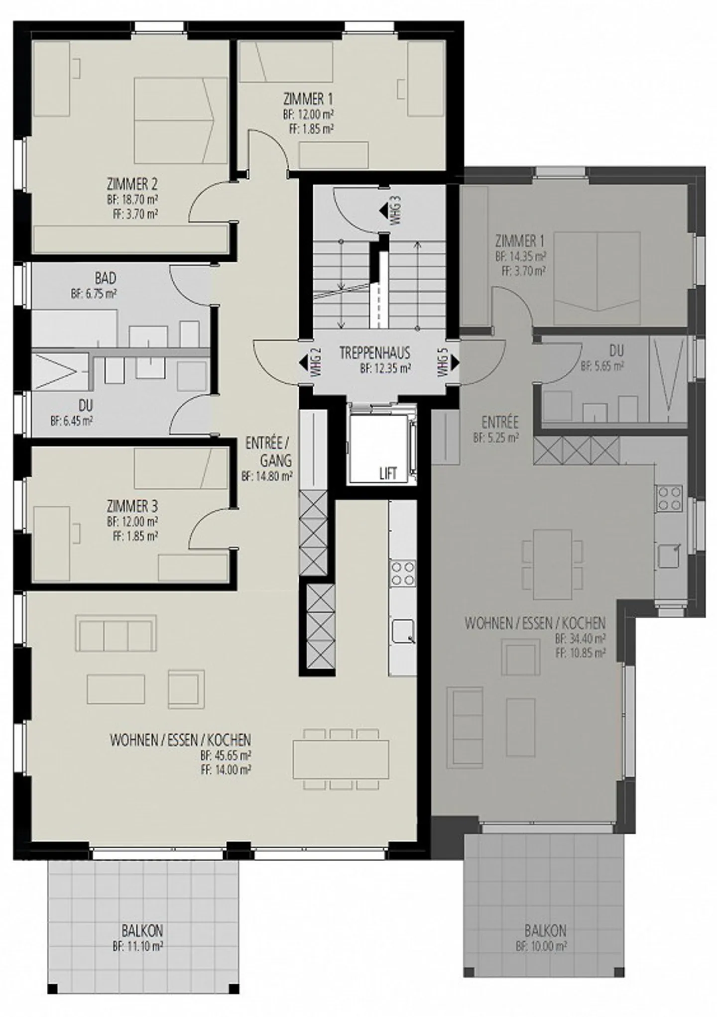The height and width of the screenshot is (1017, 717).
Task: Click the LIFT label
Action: click(x=388, y=473)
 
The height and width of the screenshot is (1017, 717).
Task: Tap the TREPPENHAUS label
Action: click(x=375, y=353)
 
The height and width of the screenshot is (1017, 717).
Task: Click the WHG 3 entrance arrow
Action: click(x=383, y=211)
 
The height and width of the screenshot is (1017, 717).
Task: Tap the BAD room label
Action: click(x=105, y=278)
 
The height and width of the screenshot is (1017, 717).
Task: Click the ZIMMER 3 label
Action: click(x=132, y=507)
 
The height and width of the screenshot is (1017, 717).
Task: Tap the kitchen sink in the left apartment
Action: click(x=403, y=631)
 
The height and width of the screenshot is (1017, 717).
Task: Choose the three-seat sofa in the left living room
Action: click(x=116, y=633)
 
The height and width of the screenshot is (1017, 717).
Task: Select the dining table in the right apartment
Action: click(x=552, y=565)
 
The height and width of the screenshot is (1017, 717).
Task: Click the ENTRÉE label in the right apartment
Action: click(x=500, y=423)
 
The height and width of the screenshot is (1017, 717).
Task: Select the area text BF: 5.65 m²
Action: click(x=602, y=366)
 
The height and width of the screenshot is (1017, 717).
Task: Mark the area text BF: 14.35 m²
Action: click(x=521, y=257)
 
